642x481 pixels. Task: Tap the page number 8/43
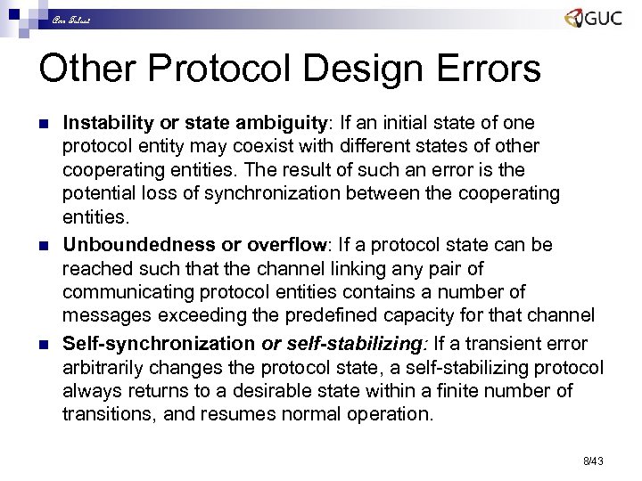coord(593,461)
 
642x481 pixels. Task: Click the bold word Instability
coord(106,121)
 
